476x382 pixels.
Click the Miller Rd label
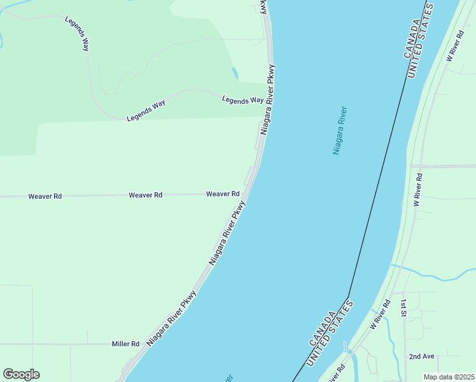click(125, 344)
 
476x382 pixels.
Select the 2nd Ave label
click(421, 357)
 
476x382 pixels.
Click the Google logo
click(21, 374)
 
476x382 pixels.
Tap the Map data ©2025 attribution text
click(449, 377)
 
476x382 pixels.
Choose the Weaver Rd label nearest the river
click(223, 194)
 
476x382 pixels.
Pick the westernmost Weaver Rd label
click(45, 197)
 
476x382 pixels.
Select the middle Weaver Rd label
click(145, 195)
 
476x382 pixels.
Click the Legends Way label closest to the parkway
click(242, 100)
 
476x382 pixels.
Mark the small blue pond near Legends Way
click(235, 73)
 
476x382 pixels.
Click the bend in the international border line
click(348, 297)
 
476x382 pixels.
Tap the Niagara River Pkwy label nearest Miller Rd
click(172, 318)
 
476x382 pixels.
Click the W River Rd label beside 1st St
click(380, 315)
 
